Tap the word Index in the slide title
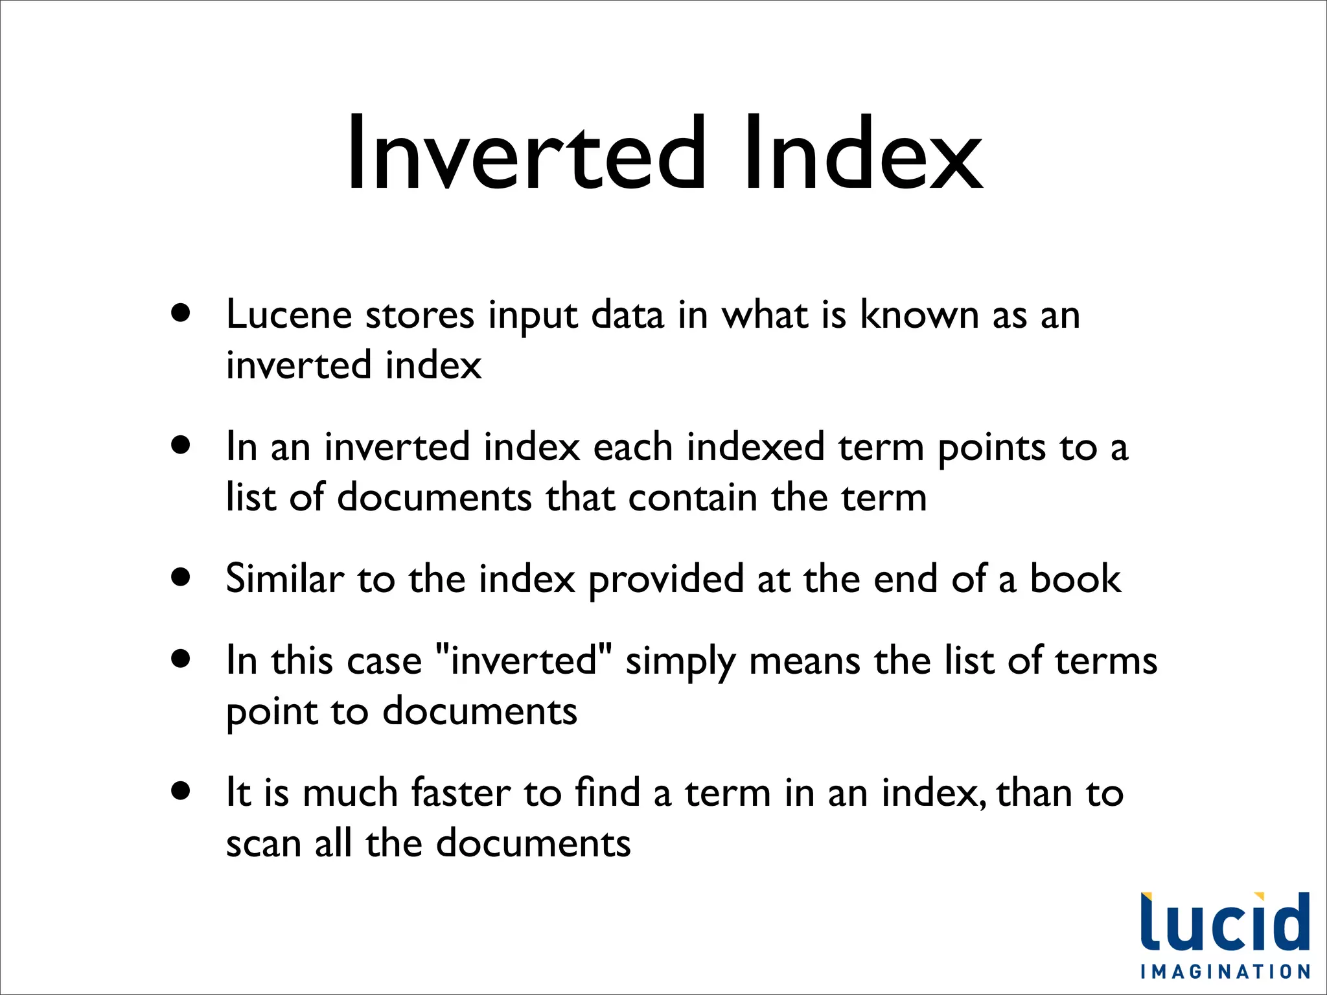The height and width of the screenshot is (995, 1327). [864, 154]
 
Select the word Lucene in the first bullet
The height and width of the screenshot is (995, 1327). [289, 315]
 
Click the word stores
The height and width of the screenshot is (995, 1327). [420, 315]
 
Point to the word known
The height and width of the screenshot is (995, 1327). [919, 315]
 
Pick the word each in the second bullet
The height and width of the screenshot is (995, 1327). [632, 448]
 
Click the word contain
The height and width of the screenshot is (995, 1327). [693, 498]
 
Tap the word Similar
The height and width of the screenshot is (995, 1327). [285, 578]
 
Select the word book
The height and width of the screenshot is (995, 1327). [1075, 578]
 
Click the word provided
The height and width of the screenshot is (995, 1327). [665, 580]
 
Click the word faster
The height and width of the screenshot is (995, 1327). [461, 793]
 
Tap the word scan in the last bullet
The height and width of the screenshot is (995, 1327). [264, 844]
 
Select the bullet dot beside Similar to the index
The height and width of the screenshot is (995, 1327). [181, 577]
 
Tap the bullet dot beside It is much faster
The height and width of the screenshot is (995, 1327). [181, 791]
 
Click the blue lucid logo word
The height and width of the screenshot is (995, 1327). [1225, 922]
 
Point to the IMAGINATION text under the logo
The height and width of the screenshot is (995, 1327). [1225, 972]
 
